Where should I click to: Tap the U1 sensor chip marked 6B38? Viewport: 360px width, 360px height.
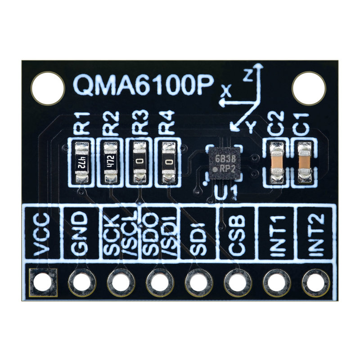(x=225, y=164)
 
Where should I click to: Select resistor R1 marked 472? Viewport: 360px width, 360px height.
(x=81, y=162)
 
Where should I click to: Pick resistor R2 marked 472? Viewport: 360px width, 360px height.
(x=110, y=162)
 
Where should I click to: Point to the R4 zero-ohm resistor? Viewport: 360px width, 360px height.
(x=169, y=162)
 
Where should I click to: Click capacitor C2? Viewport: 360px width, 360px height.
(x=277, y=162)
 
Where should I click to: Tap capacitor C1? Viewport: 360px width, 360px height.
(x=305, y=162)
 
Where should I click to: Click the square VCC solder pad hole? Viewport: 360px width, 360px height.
(x=43, y=282)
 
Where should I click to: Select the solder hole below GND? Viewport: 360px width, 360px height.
(x=81, y=282)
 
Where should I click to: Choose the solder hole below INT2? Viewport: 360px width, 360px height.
(x=315, y=282)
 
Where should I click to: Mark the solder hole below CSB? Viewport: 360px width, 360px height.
(x=238, y=282)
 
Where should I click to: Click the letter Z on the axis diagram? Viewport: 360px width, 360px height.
(x=247, y=75)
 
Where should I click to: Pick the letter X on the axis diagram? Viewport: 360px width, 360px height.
(x=228, y=93)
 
